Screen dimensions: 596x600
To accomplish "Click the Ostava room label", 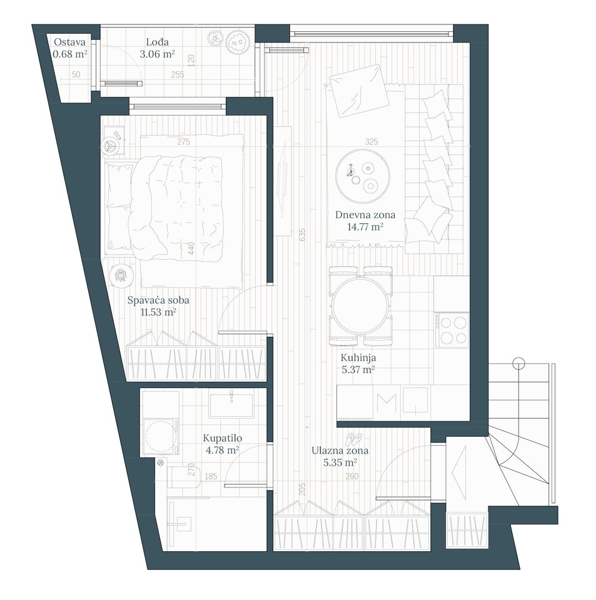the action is click(69, 42).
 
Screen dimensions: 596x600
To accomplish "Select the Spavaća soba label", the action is click(158, 301).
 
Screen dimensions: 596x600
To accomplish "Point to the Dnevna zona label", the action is click(365, 215).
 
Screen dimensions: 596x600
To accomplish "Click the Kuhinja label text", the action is click(358, 357).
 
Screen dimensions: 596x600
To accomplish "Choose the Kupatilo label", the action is click(223, 438).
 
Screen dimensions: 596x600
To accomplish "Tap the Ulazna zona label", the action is click(340, 451).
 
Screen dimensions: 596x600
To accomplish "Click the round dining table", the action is click(361, 306).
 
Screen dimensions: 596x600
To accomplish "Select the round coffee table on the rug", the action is click(363, 176).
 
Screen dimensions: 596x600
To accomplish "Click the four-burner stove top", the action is click(452, 330).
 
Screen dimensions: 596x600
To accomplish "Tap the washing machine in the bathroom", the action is click(161, 436).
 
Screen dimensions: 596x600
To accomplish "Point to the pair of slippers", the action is click(353, 439).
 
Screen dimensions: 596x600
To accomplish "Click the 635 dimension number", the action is click(303, 234).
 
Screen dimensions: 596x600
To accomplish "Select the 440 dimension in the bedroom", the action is click(191, 248).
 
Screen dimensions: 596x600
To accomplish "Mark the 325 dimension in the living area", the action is click(371, 142).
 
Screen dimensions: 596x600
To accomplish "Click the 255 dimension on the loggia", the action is click(178, 74).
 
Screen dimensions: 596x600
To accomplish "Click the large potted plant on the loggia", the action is click(238, 42).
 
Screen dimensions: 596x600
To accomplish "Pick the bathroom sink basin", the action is click(231, 406).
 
